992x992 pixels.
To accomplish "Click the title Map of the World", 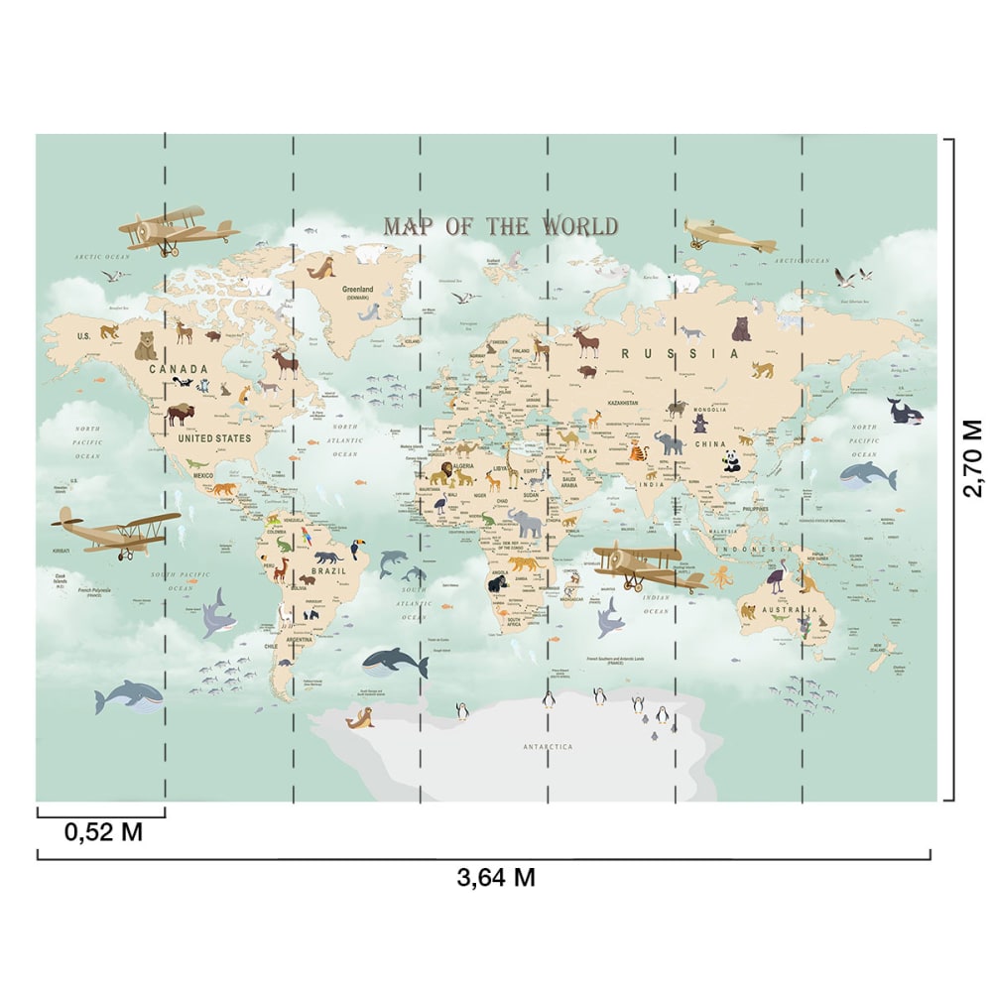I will [x=501, y=226].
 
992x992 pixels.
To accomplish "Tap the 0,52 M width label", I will [x=103, y=832].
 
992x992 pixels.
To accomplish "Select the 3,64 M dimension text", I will [x=496, y=877].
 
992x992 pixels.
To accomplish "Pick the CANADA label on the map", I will [x=179, y=369].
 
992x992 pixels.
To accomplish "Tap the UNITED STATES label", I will [x=214, y=436].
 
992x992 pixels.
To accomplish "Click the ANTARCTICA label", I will [x=549, y=746].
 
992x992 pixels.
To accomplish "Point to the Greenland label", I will [x=358, y=289].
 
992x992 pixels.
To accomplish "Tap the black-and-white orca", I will [x=905, y=410].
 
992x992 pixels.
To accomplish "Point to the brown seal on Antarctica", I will [x=360, y=719].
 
